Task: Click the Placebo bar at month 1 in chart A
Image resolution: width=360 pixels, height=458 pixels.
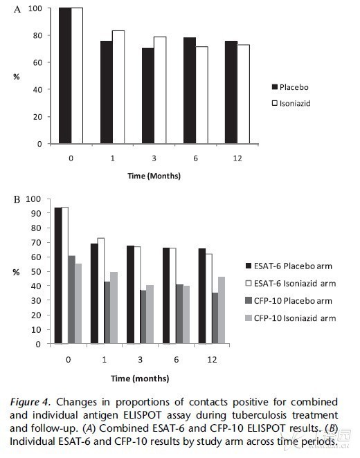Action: point(107,92)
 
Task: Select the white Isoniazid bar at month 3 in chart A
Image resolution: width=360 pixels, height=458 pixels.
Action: point(160,90)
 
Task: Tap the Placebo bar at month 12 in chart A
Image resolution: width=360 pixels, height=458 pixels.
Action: point(231,92)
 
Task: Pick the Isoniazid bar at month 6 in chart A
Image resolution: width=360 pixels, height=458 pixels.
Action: point(202,95)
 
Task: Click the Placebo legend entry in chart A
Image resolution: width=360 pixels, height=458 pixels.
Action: point(290,87)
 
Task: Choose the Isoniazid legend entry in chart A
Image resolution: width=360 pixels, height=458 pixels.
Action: point(291,103)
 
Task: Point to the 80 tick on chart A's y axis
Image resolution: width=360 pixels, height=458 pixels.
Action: point(37,35)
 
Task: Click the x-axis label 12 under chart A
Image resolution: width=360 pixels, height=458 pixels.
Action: point(237,158)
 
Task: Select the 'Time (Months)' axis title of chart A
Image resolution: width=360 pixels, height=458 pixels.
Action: point(154,176)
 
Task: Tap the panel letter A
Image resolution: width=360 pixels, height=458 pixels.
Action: point(17,10)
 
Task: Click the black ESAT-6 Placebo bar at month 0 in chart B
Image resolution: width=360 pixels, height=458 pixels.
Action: point(58,275)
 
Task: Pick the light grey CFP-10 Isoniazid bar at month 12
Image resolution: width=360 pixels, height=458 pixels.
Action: point(222,310)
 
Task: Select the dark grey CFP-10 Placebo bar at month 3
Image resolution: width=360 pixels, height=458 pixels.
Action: point(143,317)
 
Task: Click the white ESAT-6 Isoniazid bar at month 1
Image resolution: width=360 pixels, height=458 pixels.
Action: point(101,291)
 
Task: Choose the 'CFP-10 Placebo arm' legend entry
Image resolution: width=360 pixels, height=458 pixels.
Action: point(289,301)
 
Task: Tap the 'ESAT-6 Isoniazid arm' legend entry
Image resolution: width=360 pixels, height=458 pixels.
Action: point(291,284)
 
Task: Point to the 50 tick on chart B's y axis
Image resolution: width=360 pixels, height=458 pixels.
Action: point(36,272)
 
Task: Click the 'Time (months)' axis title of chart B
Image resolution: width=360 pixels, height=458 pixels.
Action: point(140,378)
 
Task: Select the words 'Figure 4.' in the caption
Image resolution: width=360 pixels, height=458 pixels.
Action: point(30,402)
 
